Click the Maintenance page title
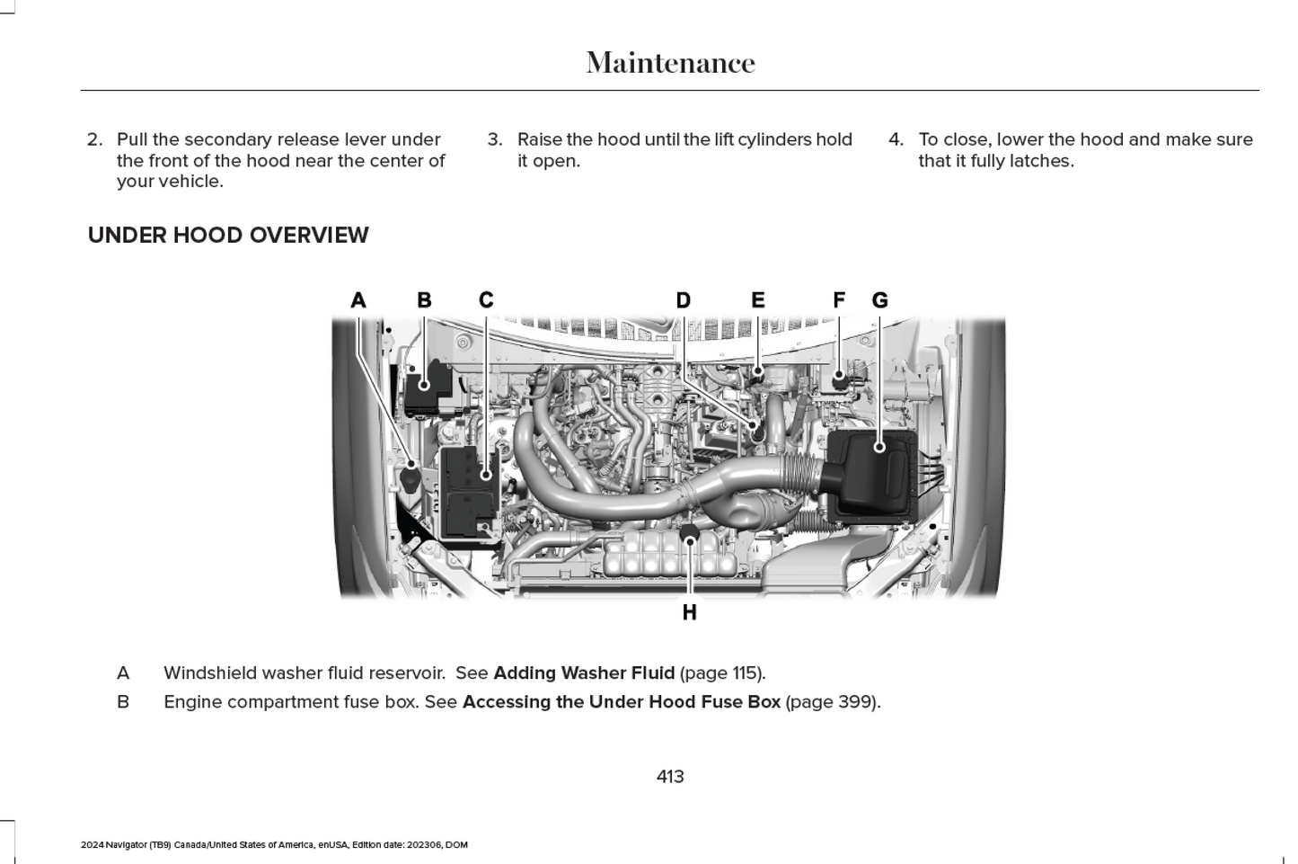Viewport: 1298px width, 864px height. (670, 63)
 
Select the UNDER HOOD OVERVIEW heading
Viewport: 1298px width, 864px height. (228, 236)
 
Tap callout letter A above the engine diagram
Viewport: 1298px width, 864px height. (358, 300)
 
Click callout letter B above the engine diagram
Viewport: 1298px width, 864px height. (424, 300)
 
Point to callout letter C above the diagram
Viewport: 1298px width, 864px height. (486, 300)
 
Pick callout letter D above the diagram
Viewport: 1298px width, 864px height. (684, 300)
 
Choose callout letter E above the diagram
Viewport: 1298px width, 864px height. (758, 300)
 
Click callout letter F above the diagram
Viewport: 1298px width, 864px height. (839, 300)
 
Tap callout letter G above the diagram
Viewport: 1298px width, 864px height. (879, 300)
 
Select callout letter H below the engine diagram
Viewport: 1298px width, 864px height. (689, 612)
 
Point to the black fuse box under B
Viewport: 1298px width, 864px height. (428, 387)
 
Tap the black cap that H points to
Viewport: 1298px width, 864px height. (689, 535)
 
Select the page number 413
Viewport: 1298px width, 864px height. (670, 777)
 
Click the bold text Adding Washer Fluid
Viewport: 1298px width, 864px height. (584, 673)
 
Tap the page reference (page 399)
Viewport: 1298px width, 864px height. (833, 702)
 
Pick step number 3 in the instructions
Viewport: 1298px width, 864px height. (494, 140)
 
